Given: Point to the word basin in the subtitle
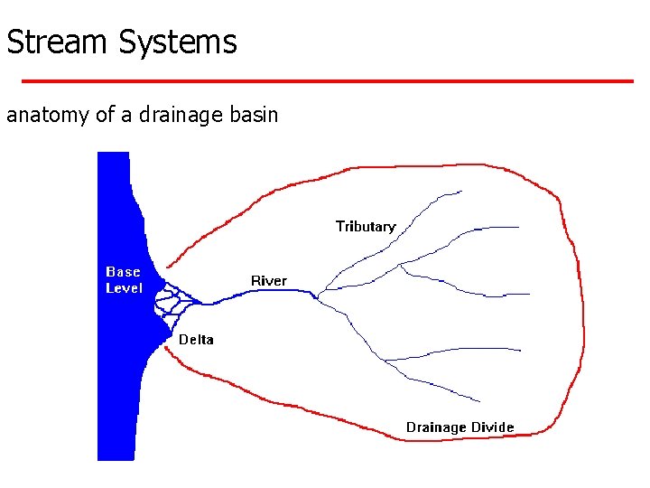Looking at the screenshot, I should [255, 116].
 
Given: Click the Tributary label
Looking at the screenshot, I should [366, 226].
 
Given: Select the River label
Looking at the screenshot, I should [268, 281].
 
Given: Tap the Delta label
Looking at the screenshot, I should [196, 340].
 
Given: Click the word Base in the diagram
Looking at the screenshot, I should [124, 271].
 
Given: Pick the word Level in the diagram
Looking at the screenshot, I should [124, 287].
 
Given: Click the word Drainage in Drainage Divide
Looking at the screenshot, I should [436, 427].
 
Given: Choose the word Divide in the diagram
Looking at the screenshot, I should [492, 427].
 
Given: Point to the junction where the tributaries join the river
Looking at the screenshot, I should [320, 292].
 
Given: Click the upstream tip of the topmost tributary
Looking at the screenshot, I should [461, 191].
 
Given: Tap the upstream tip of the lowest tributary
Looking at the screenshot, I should [479, 399].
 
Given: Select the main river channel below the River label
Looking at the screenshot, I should [262, 296].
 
